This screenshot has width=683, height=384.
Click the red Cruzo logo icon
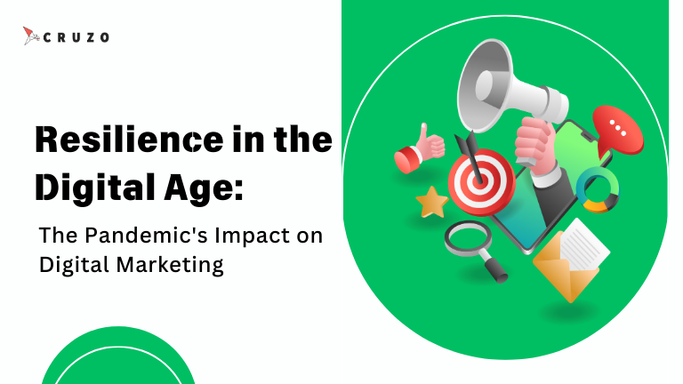(31, 36)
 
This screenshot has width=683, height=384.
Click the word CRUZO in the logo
(76, 37)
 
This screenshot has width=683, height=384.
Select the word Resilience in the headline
(129, 140)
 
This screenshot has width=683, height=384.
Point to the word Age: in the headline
(204, 188)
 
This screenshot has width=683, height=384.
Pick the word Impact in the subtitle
(253, 236)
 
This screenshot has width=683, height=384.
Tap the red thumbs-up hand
(419, 149)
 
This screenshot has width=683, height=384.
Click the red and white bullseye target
(481, 182)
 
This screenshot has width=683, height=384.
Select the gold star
(431, 202)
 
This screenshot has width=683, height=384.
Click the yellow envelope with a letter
(571, 260)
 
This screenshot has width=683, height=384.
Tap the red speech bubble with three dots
(618, 131)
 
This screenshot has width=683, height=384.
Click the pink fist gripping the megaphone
(534, 142)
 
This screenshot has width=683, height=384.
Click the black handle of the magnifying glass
(495, 270)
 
